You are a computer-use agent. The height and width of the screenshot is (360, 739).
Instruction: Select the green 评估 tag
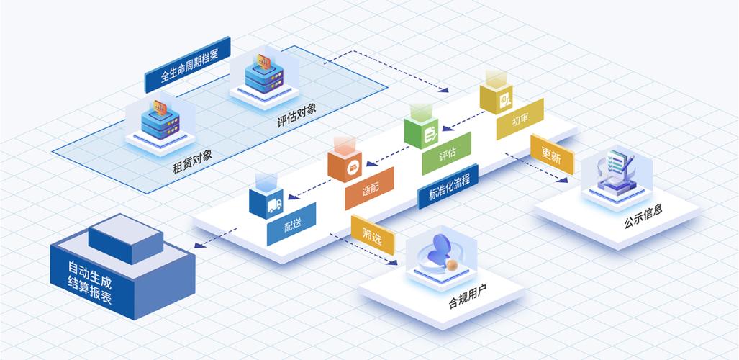[x=447, y=153]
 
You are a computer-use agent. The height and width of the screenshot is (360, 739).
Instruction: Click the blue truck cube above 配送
[x=266, y=202]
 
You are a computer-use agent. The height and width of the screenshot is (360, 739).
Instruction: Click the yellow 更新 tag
[x=552, y=154]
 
